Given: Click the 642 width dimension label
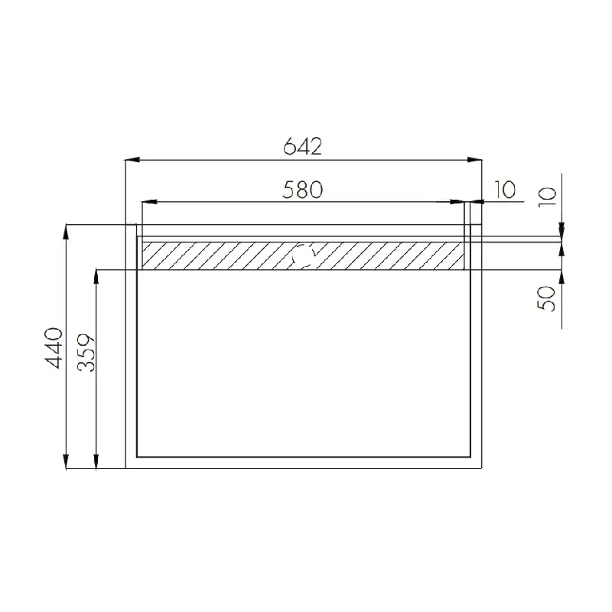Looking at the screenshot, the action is coord(302,146).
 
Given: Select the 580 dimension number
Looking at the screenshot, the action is coord(302,189).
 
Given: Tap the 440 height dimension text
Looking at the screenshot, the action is coord(54,348).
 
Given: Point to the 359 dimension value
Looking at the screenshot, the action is coord(86,352).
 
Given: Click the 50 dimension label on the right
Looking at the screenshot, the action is coord(546,298).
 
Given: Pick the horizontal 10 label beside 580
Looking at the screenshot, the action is coord(505,190).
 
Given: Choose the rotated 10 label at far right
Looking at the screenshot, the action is coord(546,197).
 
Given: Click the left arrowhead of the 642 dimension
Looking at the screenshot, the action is coord(132,160).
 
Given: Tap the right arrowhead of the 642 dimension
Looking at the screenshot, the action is coord(474,160).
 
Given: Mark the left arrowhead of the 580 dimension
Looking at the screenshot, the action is coord(149,202).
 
